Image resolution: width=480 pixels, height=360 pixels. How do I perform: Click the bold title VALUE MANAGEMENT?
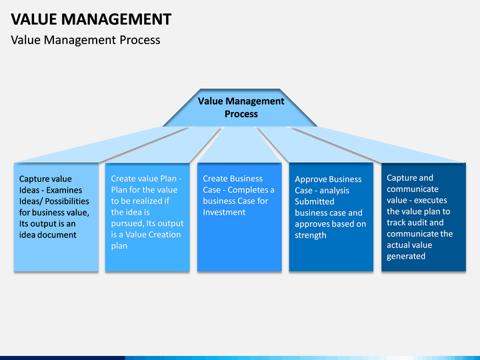[x=91, y=19]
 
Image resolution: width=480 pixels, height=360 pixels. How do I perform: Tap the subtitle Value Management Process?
[x=85, y=40]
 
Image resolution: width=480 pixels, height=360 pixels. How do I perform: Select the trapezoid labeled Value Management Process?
[x=240, y=108]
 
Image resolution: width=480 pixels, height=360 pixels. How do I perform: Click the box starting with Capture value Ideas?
[x=56, y=217]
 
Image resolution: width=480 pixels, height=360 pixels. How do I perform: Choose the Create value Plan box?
[x=147, y=217]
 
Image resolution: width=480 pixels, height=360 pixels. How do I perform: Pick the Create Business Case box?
[x=239, y=217]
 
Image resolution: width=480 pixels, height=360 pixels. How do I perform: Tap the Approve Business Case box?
[x=331, y=217]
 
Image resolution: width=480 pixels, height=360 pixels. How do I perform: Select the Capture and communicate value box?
[x=424, y=217]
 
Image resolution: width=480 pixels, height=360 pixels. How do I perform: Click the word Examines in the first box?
[x=64, y=190]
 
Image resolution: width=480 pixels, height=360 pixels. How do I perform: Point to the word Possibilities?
[x=67, y=201]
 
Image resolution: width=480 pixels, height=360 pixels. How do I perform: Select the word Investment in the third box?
[x=224, y=212]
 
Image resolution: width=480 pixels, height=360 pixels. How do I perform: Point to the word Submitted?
[x=315, y=201]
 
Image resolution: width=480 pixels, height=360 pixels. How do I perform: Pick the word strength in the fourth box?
[x=311, y=235]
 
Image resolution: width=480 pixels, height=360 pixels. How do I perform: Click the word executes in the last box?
[x=431, y=200]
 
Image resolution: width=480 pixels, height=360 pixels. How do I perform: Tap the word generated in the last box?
[x=406, y=256]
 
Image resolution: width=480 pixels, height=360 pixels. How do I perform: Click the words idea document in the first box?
[x=48, y=235]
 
